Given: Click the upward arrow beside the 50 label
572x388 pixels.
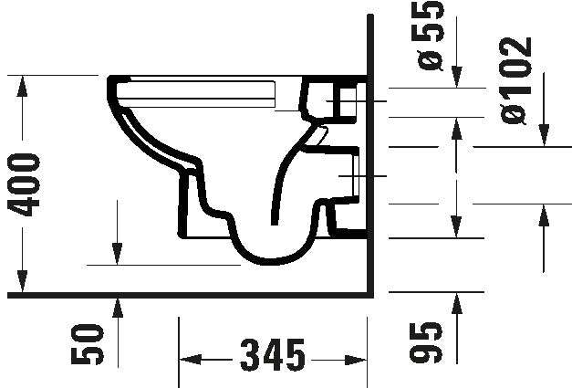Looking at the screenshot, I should (117, 308).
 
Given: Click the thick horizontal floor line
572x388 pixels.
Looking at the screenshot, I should (182, 294).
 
